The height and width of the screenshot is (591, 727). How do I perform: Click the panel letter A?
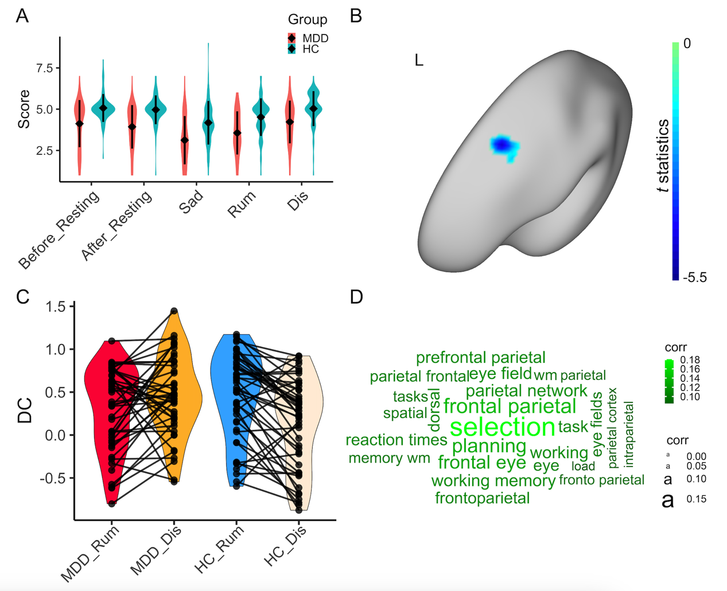pyautogui.click(x=22, y=15)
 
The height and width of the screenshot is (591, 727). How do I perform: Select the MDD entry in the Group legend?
pyautogui.click(x=315, y=38)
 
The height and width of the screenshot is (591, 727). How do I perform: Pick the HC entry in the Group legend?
pyautogui.click(x=310, y=49)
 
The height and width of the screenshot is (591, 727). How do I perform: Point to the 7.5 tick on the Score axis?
pyautogui.click(x=44, y=68)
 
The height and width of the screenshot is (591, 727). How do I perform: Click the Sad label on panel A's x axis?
pyautogui.click(x=191, y=202)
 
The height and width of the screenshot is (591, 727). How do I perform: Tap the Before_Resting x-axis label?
pyautogui.click(x=59, y=229)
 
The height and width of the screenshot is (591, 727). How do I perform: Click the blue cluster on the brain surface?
pyautogui.click(x=504, y=146)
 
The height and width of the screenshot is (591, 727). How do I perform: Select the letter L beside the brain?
pyautogui.click(x=419, y=60)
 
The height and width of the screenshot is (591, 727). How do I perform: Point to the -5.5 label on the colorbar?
pyautogui.click(x=694, y=278)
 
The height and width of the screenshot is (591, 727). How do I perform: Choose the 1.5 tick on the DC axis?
pyautogui.click(x=56, y=307)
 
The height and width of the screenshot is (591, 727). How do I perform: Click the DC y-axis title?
pyautogui.click(x=25, y=410)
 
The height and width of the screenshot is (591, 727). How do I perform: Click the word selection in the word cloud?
pyautogui.click(x=502, y=427)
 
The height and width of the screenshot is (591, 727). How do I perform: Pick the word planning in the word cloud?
pyautogui.click(x=489, y=446)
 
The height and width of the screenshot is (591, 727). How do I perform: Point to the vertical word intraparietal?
pyautogui.click(x=629, y=435)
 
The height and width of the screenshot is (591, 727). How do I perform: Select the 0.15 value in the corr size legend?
pyautogui.click(x=696, y=499)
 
